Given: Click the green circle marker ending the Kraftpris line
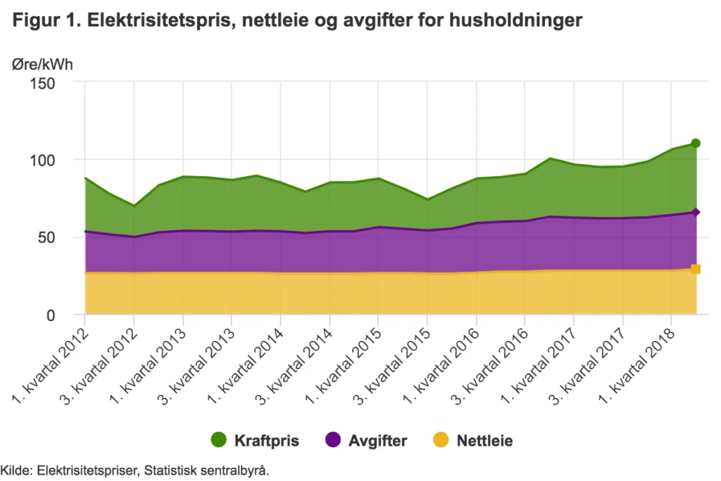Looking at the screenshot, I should coord(696,144).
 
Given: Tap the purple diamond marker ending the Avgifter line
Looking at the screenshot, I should coord(696,212).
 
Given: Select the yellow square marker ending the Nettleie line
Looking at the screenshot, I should coord(696,269).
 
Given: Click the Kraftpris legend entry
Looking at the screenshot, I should coord(256,441).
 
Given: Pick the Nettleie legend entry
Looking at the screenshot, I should coord(473,441).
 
